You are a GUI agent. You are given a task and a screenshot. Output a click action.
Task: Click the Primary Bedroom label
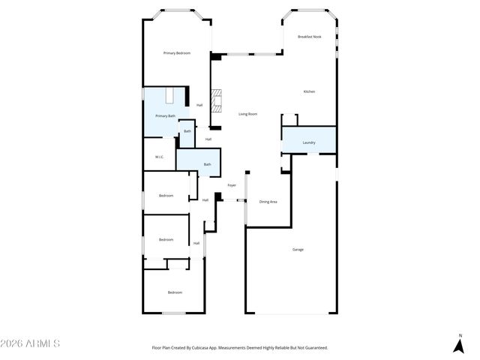click(177, 52)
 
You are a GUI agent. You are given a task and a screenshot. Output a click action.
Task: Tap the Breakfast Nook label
click(309, 37)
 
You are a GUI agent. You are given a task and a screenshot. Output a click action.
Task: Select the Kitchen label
click(309, 91)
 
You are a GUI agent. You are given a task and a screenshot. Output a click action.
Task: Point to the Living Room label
click(248, 114)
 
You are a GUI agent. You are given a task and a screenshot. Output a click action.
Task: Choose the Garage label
click(298, 249)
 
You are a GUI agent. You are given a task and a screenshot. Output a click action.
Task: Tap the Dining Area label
click(268, 202)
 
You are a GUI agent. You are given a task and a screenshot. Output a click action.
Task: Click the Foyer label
click(232, 184)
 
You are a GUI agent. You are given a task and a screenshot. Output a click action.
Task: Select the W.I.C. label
click(160, 157)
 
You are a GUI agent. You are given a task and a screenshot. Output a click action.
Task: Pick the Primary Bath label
click(166, 116)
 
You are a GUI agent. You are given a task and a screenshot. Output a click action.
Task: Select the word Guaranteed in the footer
click(313, 348)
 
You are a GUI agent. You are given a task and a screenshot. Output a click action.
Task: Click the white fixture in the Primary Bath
click(170, 96)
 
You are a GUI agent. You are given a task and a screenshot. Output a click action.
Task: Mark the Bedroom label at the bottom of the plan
click(175, 292)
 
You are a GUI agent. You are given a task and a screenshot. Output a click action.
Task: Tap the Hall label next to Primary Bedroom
click(199, 105)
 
